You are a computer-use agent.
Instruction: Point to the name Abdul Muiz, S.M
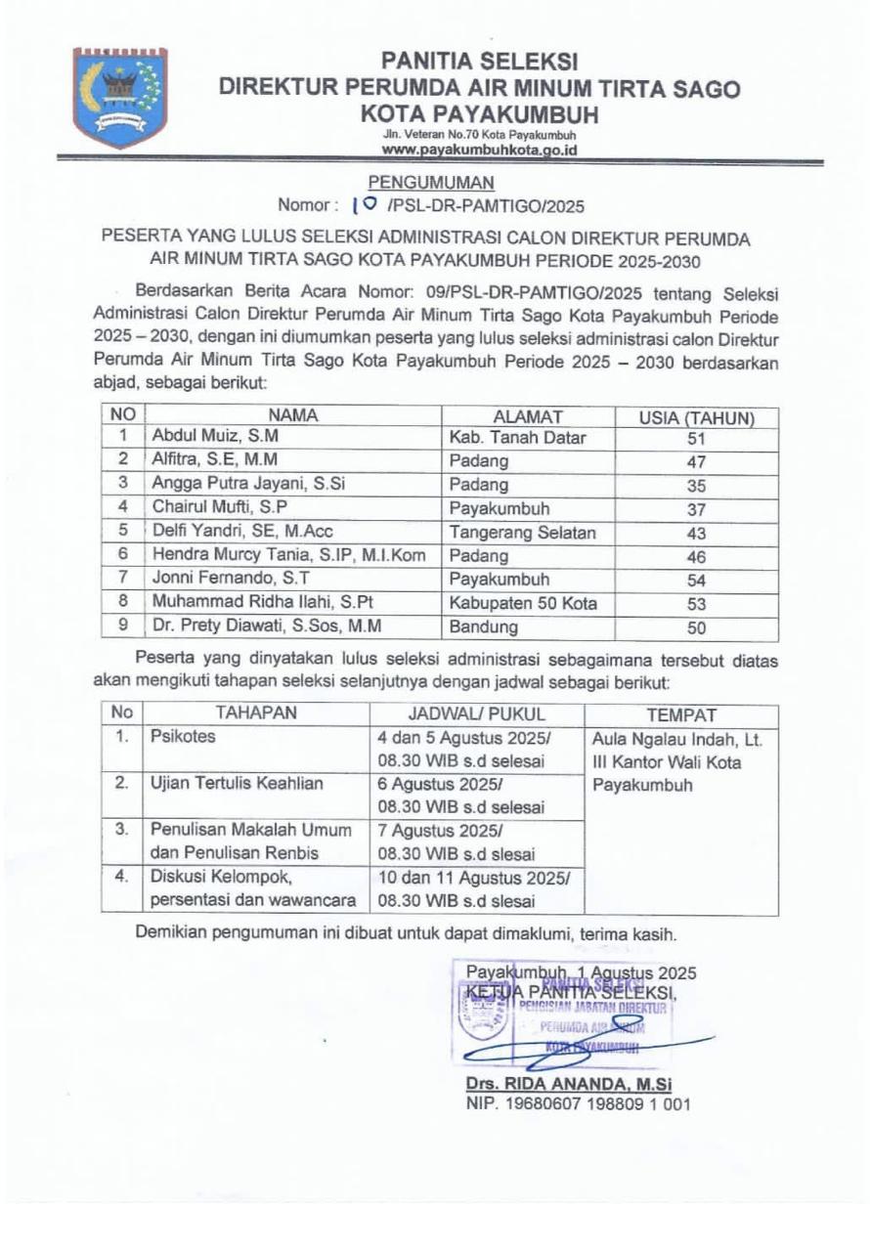(x=200, y=437)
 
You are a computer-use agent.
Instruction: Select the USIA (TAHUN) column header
(x=696, y=417)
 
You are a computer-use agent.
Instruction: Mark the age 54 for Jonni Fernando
(x=696, y=580)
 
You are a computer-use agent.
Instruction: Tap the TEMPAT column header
(x=680, y=714)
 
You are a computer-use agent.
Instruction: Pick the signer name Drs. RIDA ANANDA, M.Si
(x=569, y=1086)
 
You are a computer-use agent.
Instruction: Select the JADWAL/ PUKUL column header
(x=476, y=713)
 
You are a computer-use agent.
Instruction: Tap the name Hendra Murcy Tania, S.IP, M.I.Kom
(x=289, y=555)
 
